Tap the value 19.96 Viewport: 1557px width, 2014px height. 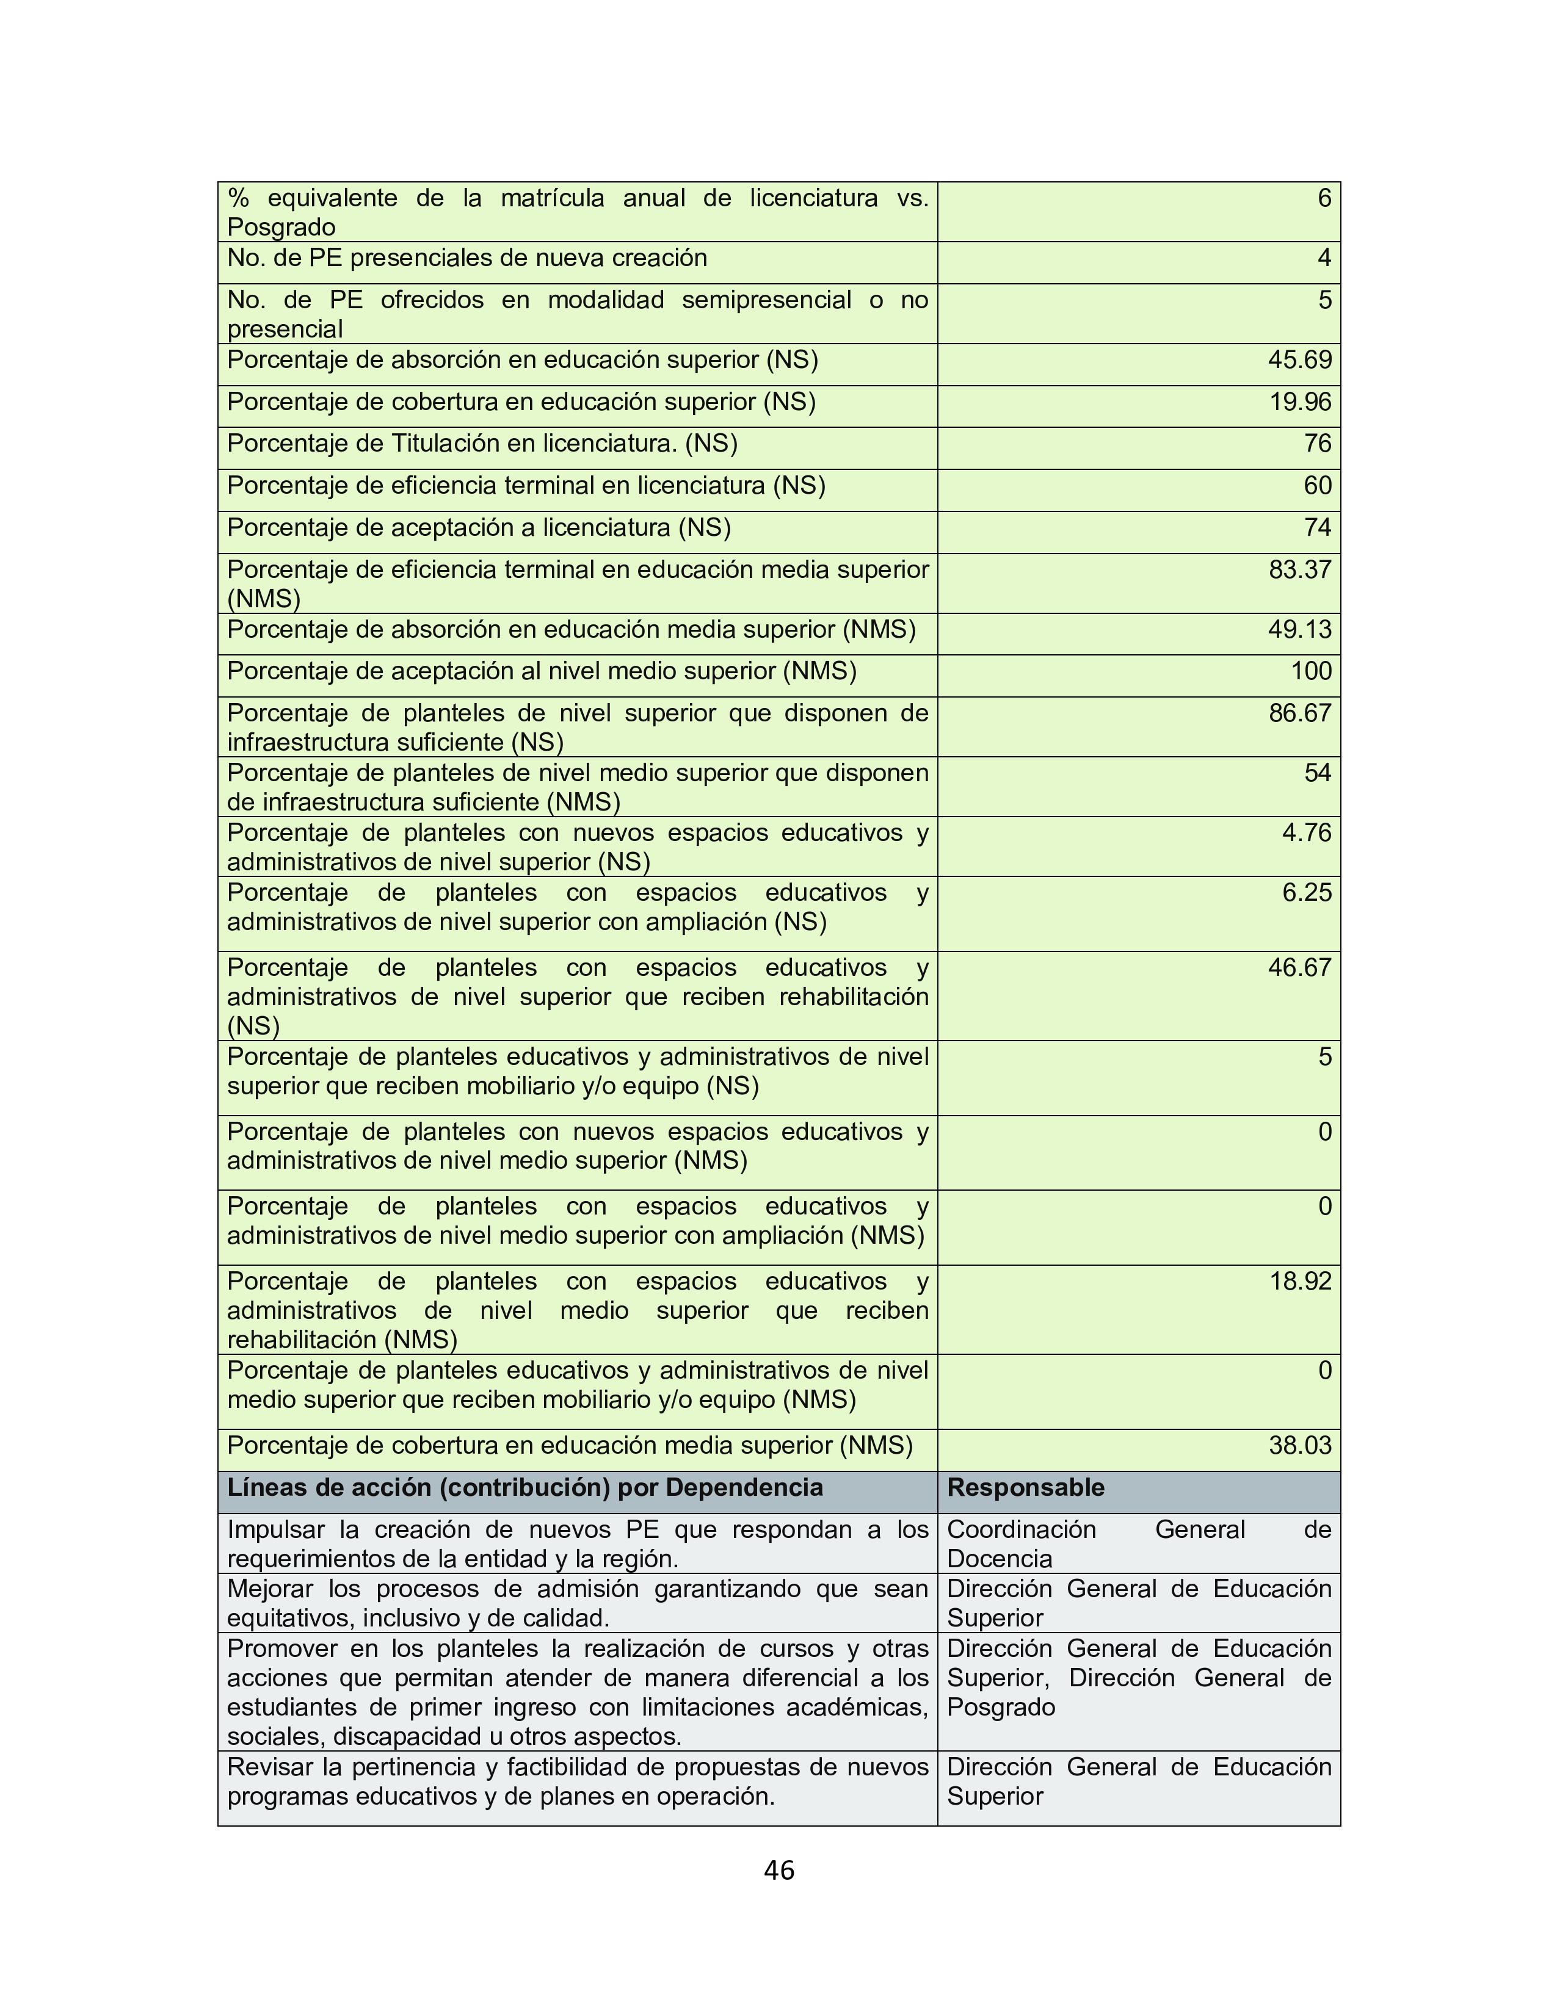(x=1300, y=402)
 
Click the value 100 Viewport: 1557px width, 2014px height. (x=1311, y=671)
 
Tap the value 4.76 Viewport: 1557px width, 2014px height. (x=1306, y=832)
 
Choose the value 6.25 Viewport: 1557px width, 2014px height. (x=1306, y=893)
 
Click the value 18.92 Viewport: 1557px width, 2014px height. (x=1300, y=1281)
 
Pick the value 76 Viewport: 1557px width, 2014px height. (x=1317, y=444)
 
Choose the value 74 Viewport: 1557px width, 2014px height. (x=1317, y=527)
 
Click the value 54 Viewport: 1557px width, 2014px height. (x=1317, y=773)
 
